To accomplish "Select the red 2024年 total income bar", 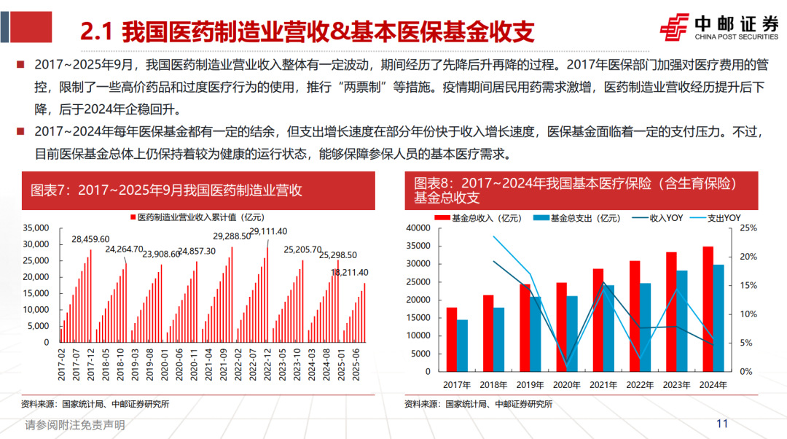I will (x=708, y=308).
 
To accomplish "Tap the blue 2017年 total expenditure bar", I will (x=463, y=345).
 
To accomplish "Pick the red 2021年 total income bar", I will (x=598, y=319).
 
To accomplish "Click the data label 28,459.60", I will (x=90, y=239).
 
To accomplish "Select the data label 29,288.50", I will (x=232, y=236).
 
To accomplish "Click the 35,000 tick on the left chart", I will (x=36, y=228).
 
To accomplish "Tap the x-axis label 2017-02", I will (x=61, y=364).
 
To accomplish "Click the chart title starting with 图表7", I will (x=166, y=191).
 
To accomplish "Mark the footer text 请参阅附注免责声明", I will (x=75, y=424).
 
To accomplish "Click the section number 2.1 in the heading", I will (x=95, y=31).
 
